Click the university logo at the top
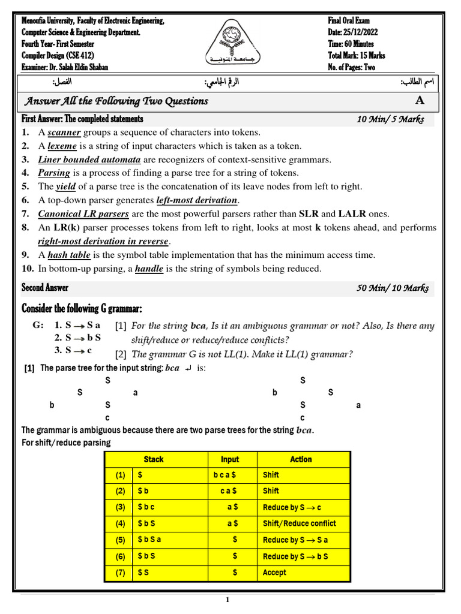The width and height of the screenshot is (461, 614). [230, 44]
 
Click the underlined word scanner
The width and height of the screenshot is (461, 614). [64, 133]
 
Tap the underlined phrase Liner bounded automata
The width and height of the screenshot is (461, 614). [89, 159]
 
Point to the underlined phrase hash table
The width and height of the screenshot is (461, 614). [69, 255]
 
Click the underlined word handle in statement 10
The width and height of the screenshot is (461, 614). [149, 269]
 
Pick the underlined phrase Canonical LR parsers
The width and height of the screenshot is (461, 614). [83, 214]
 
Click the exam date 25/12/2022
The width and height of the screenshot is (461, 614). [358, 32]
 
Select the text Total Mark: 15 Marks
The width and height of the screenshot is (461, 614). [357, 56]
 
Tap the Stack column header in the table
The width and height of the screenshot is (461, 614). [154, 459]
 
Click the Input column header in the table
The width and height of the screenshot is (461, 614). [230, 459]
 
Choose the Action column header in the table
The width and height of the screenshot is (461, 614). [301, 459]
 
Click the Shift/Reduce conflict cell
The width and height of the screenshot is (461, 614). [300, 523]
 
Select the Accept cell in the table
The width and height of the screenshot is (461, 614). [274, 573]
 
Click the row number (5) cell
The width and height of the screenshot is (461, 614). [121, 540]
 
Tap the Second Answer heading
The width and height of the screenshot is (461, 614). [45, 288]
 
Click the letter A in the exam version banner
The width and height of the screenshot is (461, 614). [419, 101]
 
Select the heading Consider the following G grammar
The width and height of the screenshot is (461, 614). [82, 309]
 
